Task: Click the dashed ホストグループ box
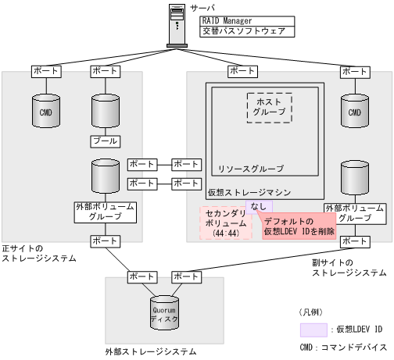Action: [269, 105]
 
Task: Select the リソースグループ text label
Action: [250, 168]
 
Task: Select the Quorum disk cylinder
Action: [164, 312]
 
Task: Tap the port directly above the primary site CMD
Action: [45, 71]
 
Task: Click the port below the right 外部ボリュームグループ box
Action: [354, 241]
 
